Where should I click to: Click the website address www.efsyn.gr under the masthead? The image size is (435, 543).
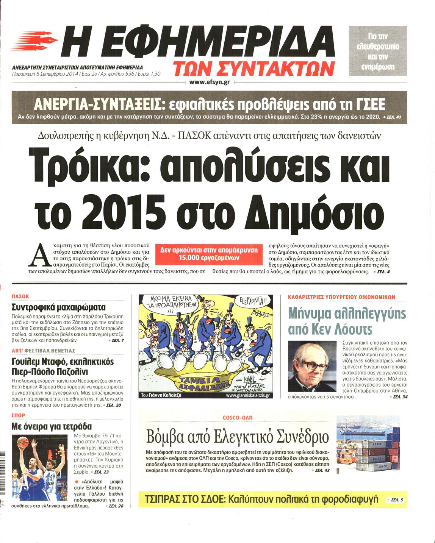click(x=210, y=82)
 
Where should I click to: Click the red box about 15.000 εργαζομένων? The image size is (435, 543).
click(x=209, y=254)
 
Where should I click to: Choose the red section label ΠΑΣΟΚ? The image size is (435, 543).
click(x=20, y=296)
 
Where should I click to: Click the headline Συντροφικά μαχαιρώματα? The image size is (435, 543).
click(x=59, y=307)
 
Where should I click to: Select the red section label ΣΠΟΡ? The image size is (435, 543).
click(x=19, y=416)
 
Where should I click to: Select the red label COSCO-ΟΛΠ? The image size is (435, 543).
click(x=238, y=417)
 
